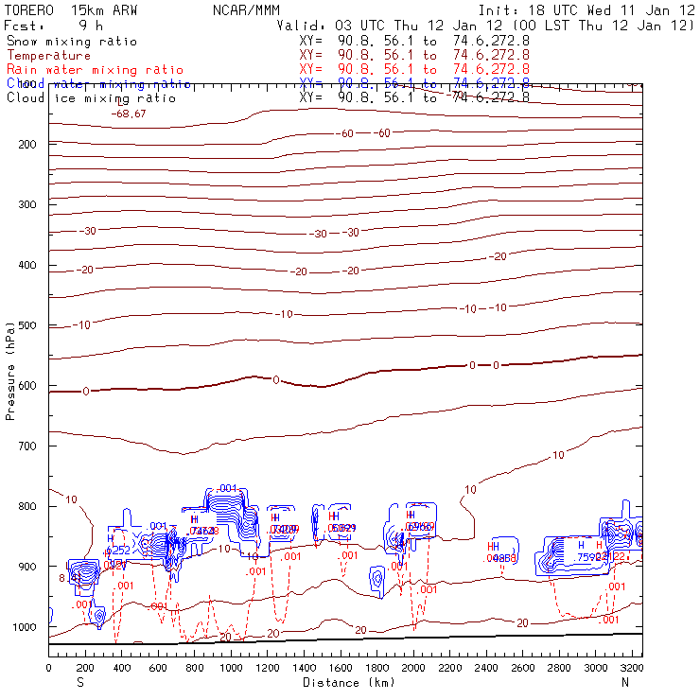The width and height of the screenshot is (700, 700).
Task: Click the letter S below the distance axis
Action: (x=80, y=682)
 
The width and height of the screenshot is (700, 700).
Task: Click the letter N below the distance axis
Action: (x=625, y=682)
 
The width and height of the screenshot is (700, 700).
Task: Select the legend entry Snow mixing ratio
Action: (x=72, y=42)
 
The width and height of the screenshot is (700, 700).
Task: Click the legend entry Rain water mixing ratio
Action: (x=95, y=70)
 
